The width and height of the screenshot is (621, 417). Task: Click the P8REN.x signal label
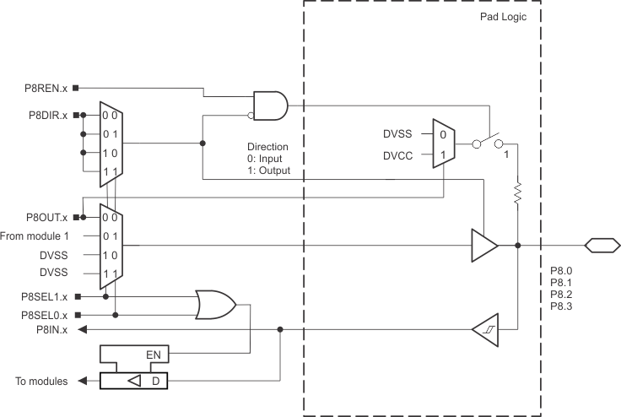click(x=47, y=87)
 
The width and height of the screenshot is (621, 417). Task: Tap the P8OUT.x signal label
click(x=46, y=217)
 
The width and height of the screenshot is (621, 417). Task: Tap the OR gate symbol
click(x=215, y=306)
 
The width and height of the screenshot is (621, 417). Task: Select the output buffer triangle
click(x=484, y=246)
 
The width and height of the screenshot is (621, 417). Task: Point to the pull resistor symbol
click(x=516, y=195)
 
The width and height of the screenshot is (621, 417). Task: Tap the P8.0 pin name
click(x=561, y=269)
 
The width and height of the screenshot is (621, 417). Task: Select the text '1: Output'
click(x=268, y=171)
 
